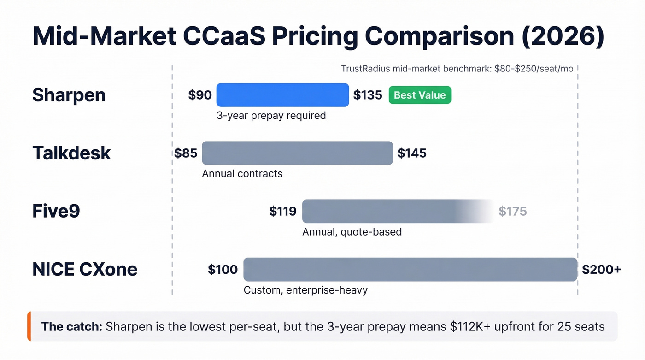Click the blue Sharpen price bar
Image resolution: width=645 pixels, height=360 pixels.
[x=282, y=95]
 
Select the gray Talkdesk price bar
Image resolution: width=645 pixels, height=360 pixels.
[x=297, y=153]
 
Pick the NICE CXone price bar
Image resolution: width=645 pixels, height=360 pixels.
[x=410, y=269]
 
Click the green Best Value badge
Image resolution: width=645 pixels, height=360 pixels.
[x=420, y=95]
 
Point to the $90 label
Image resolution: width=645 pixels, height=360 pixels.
[x=200, y=95]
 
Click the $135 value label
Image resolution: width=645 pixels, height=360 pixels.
[x=368, y=95]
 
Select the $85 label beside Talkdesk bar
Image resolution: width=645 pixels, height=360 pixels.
[x=186, y=153]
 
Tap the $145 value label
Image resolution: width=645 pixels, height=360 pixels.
[x=412, y=153]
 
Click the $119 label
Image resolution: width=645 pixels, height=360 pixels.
[x=283, y=212]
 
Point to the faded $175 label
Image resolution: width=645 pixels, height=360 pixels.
[x=512, y=212]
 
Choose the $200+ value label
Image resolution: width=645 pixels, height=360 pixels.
[x=601, y=270]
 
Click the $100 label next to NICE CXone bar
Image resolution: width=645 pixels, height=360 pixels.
[x=223, y=270]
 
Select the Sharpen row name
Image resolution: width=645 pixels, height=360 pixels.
[x=69, y=95]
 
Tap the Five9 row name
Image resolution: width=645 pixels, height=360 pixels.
[x=56, y=212]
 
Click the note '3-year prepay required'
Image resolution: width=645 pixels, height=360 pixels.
[x=271, y=116]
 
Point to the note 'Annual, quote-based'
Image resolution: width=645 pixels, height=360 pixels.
[x=352, y=232]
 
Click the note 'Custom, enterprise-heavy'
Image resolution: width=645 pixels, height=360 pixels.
[x=305, y=290]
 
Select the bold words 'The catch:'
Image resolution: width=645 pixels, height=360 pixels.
[x=71, y=327]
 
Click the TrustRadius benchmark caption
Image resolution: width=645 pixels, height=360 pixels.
[x=457, y=69]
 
